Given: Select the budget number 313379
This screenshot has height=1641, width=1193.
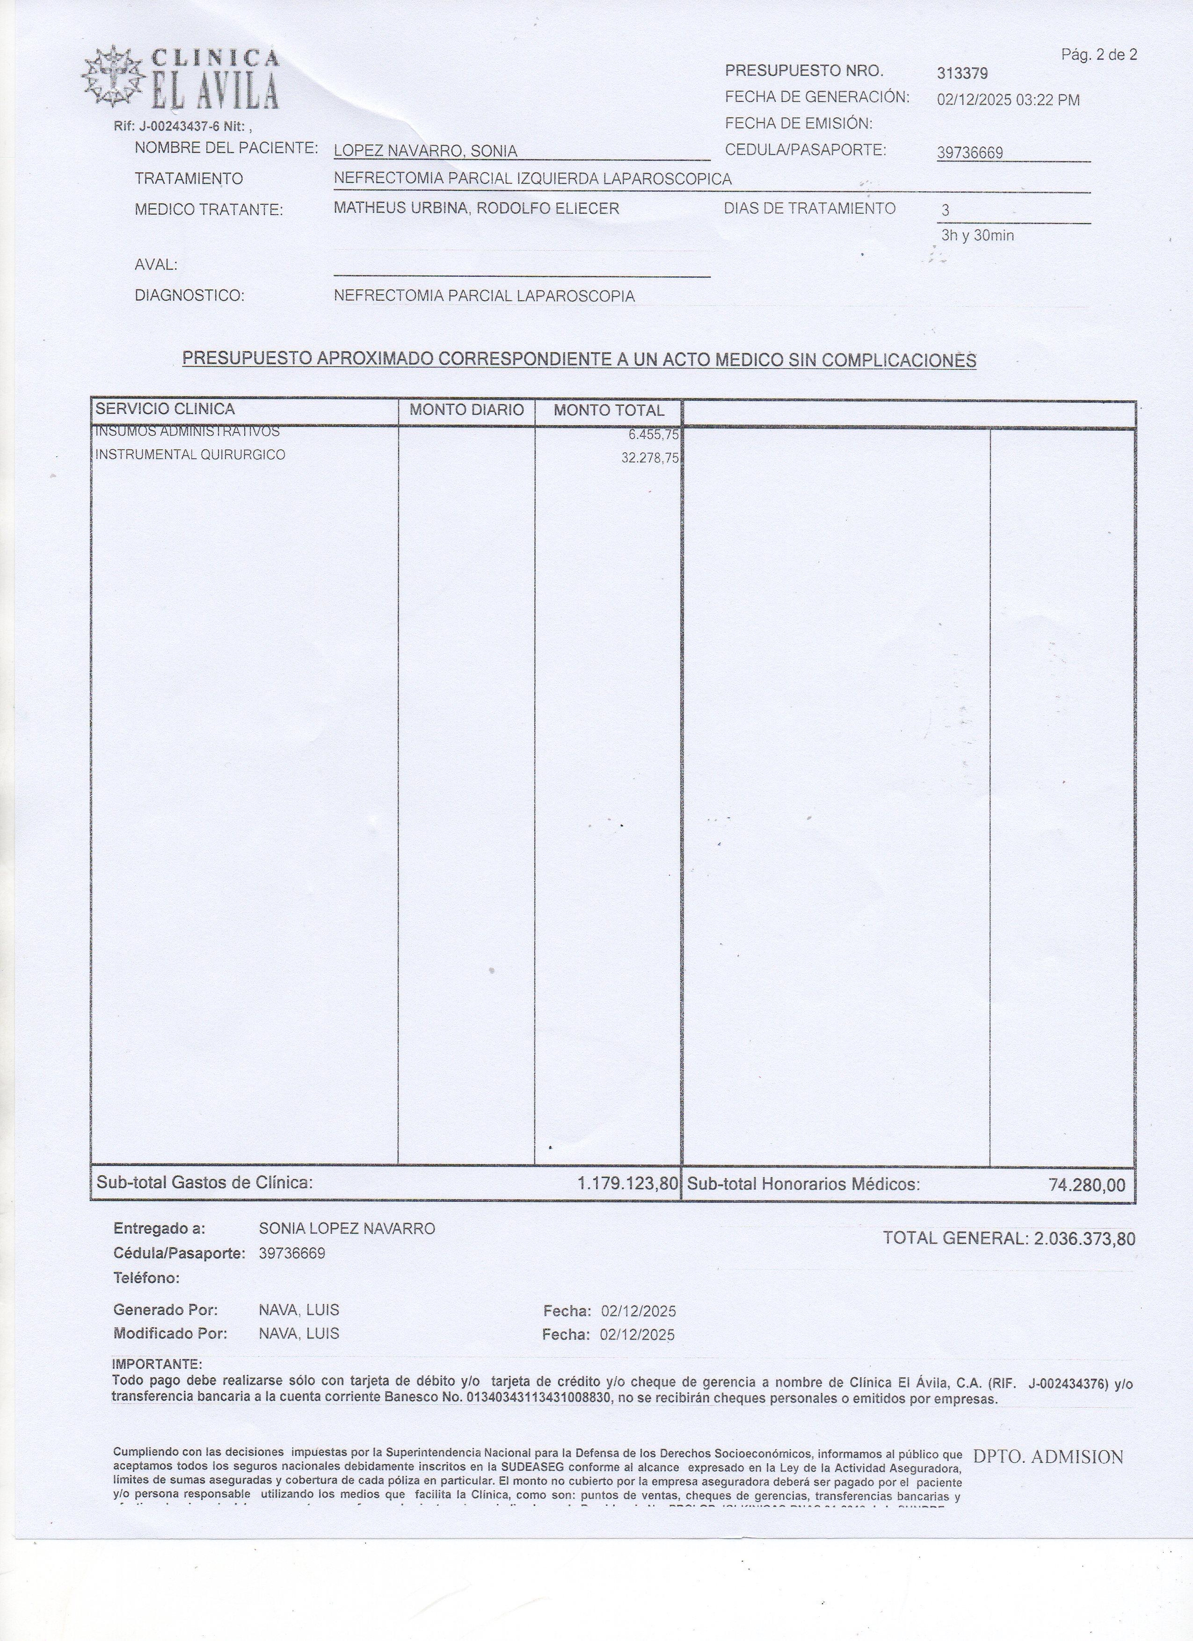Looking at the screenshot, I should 962,73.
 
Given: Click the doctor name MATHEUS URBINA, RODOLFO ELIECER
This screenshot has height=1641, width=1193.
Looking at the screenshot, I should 476,209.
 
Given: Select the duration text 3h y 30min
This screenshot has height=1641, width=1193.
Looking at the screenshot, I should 977,235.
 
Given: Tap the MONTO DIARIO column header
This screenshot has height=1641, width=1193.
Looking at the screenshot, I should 466,410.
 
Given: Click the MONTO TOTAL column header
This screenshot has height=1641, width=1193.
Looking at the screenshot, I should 608,410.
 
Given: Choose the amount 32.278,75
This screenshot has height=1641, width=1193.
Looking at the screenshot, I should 649,458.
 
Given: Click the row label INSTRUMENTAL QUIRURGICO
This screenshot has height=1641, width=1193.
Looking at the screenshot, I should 189,455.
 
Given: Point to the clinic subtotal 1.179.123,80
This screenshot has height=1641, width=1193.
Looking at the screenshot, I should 627,1184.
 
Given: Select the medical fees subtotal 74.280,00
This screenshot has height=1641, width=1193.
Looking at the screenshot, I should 1087,1185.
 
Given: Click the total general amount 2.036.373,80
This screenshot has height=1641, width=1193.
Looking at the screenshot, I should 1084,1238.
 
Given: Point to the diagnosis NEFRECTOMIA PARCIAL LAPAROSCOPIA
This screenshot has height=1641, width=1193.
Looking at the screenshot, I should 484,296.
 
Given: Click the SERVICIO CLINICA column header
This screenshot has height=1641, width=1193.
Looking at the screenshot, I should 165,409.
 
